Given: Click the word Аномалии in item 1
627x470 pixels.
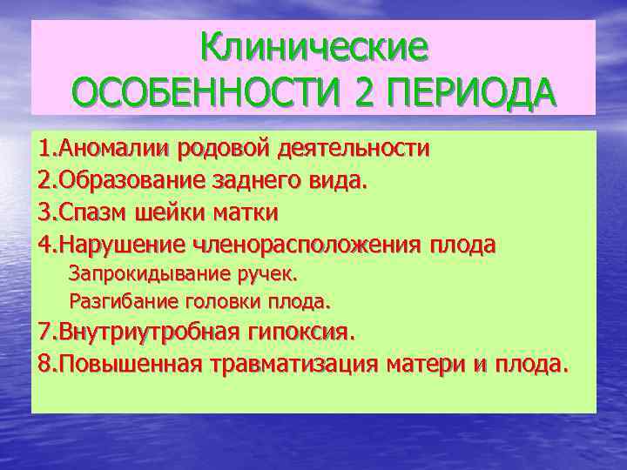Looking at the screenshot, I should [x=104, y=147].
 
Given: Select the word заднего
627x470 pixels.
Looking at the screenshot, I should [x=253, y=180].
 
